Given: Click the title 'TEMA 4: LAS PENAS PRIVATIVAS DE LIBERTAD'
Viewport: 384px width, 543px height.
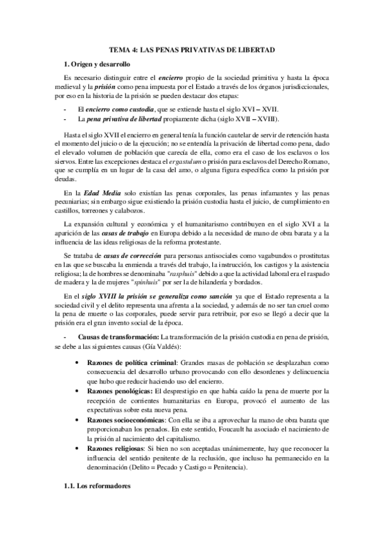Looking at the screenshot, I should pyautogui.click(x=192, y=49).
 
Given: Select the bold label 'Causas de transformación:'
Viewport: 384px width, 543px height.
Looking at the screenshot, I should pyautogui.click(x=119, y=337).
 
